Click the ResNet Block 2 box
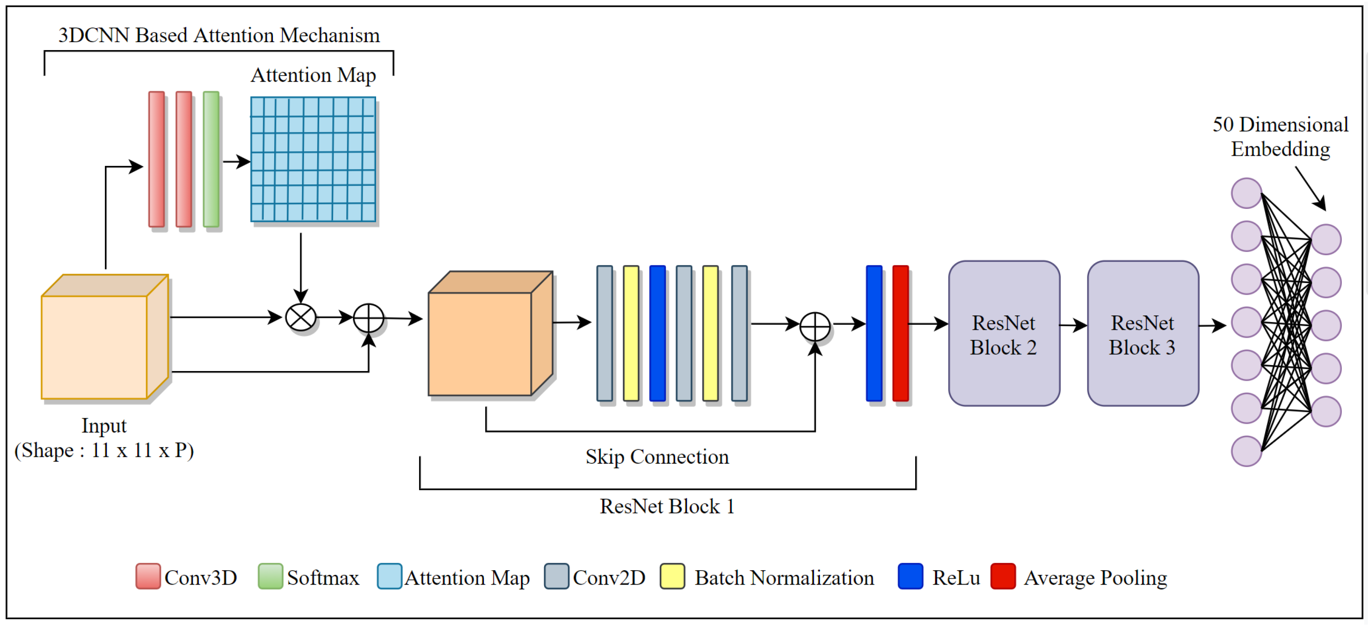coord(1004,334)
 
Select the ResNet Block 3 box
coord(1143,334)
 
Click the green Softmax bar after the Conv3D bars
coord(211,159)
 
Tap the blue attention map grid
coord(313,159)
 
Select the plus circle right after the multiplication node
coord(369,318)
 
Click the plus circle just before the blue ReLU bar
coord(815,326)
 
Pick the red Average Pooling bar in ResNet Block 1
coord(900,333)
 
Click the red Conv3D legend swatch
coord(148,576)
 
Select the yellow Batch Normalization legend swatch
coord(672,576)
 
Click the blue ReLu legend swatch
coord(910,576)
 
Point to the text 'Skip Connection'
coord(657,457)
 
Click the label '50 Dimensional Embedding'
coord(1280,137)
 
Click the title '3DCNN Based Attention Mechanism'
coord(219,35)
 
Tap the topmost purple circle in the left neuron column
coord(1246,193)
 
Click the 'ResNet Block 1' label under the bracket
coord(667,506)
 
